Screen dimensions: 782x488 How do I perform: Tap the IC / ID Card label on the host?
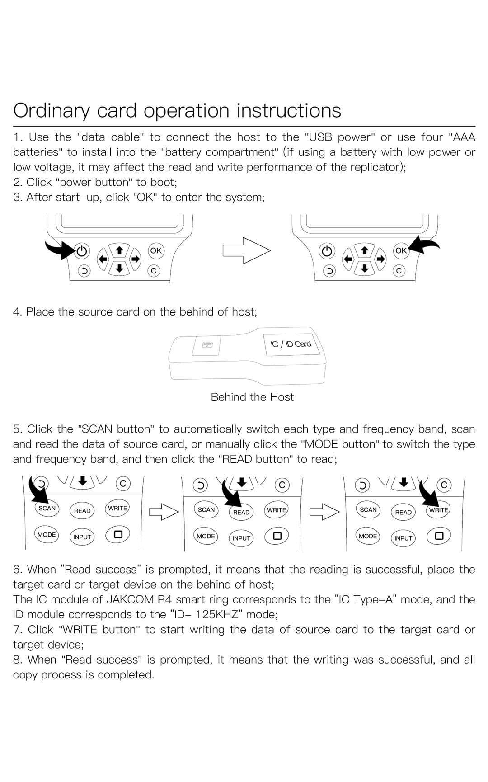coord(291,344)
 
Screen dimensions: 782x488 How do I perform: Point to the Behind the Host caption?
coord(252,397)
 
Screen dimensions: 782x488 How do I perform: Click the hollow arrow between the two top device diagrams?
coord(246,250)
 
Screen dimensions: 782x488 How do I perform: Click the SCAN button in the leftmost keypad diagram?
coord(47,508)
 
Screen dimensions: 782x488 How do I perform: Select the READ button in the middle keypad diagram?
coord(241,512)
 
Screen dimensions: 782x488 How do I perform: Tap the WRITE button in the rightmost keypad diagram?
coord(438,510)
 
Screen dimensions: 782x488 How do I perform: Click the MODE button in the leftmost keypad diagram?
coord(47,535)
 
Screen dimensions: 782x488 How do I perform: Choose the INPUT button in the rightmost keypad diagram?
coord(403,538)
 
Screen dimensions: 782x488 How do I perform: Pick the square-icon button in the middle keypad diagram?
coord(277,536)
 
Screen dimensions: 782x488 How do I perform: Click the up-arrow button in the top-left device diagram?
coord(119,250)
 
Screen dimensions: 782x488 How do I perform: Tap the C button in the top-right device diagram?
coord(399,271)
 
